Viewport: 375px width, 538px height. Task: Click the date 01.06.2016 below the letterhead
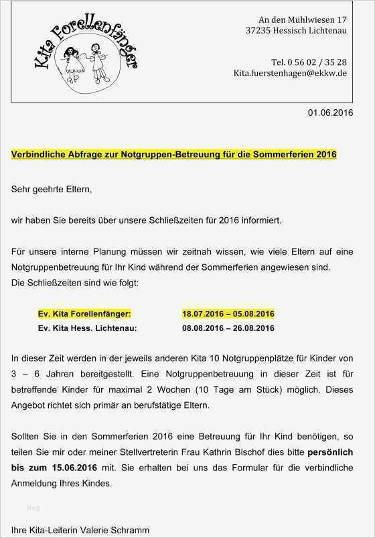(330, 113)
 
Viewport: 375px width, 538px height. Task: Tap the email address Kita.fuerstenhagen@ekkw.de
(289, 72)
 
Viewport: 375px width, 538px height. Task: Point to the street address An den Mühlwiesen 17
(302, 19)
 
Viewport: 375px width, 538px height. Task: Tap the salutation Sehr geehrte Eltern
(51, 190)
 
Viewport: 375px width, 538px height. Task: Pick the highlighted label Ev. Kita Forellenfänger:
(85, 314)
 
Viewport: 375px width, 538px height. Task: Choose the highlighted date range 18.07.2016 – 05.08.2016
(228, 314)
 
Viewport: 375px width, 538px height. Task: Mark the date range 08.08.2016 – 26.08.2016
(228, 328)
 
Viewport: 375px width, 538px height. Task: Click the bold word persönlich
(329, 453)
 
